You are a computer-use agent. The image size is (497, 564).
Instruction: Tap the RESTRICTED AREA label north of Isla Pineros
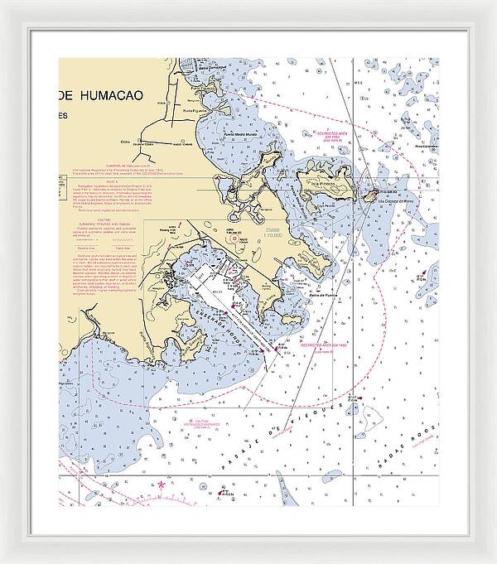point(335,132)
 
